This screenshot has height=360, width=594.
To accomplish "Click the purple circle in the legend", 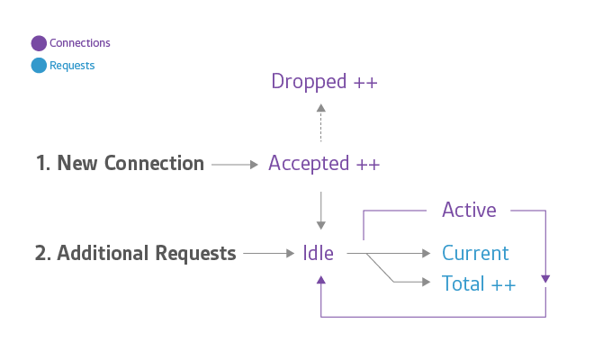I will (x=39, y=43).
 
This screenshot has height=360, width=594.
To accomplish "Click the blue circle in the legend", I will (x=39, y=66).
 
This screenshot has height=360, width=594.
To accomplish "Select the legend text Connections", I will (x=80, y=43).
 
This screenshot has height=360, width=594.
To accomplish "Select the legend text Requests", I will (x=72, y=66).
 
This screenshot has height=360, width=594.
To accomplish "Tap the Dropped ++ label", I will (x=324, y=82).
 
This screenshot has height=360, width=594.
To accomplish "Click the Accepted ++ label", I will (x=324, y=164).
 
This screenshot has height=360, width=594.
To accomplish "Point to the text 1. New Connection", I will (x=120, y=164).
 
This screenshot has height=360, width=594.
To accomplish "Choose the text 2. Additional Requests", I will (x=135, y=254).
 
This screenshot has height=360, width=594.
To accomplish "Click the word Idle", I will (x=319, y=254).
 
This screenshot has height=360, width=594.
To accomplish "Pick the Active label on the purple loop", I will (x=469, y=211).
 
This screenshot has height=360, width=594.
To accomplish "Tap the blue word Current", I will (x=475, y=254).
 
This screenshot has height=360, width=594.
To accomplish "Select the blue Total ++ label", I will (x=479, y=283).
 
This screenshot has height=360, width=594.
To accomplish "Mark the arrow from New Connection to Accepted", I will (x=235, y=165).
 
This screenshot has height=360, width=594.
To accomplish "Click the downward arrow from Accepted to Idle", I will (x=321, y=211).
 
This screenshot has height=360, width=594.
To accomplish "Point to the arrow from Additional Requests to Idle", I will (x=269, y=255).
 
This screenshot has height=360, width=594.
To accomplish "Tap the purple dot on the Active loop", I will (x=545, y=278).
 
